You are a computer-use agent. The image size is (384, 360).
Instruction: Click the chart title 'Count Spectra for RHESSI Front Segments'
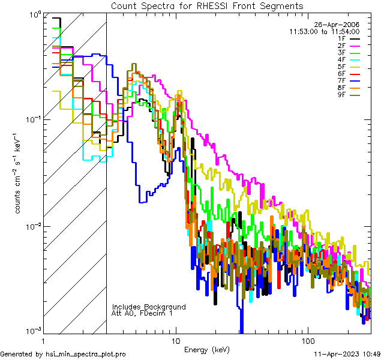207,5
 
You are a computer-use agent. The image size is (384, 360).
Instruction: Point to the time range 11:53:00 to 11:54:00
324,31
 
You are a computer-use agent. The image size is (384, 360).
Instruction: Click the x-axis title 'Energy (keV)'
206,349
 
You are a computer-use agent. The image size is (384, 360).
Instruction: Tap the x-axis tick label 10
175,340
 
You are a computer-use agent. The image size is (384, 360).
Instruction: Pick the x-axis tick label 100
308,340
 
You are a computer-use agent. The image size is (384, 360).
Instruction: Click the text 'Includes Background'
149,307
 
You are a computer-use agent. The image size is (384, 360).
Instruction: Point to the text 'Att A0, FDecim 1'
142,313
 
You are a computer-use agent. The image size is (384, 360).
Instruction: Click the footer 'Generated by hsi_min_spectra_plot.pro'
63,355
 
